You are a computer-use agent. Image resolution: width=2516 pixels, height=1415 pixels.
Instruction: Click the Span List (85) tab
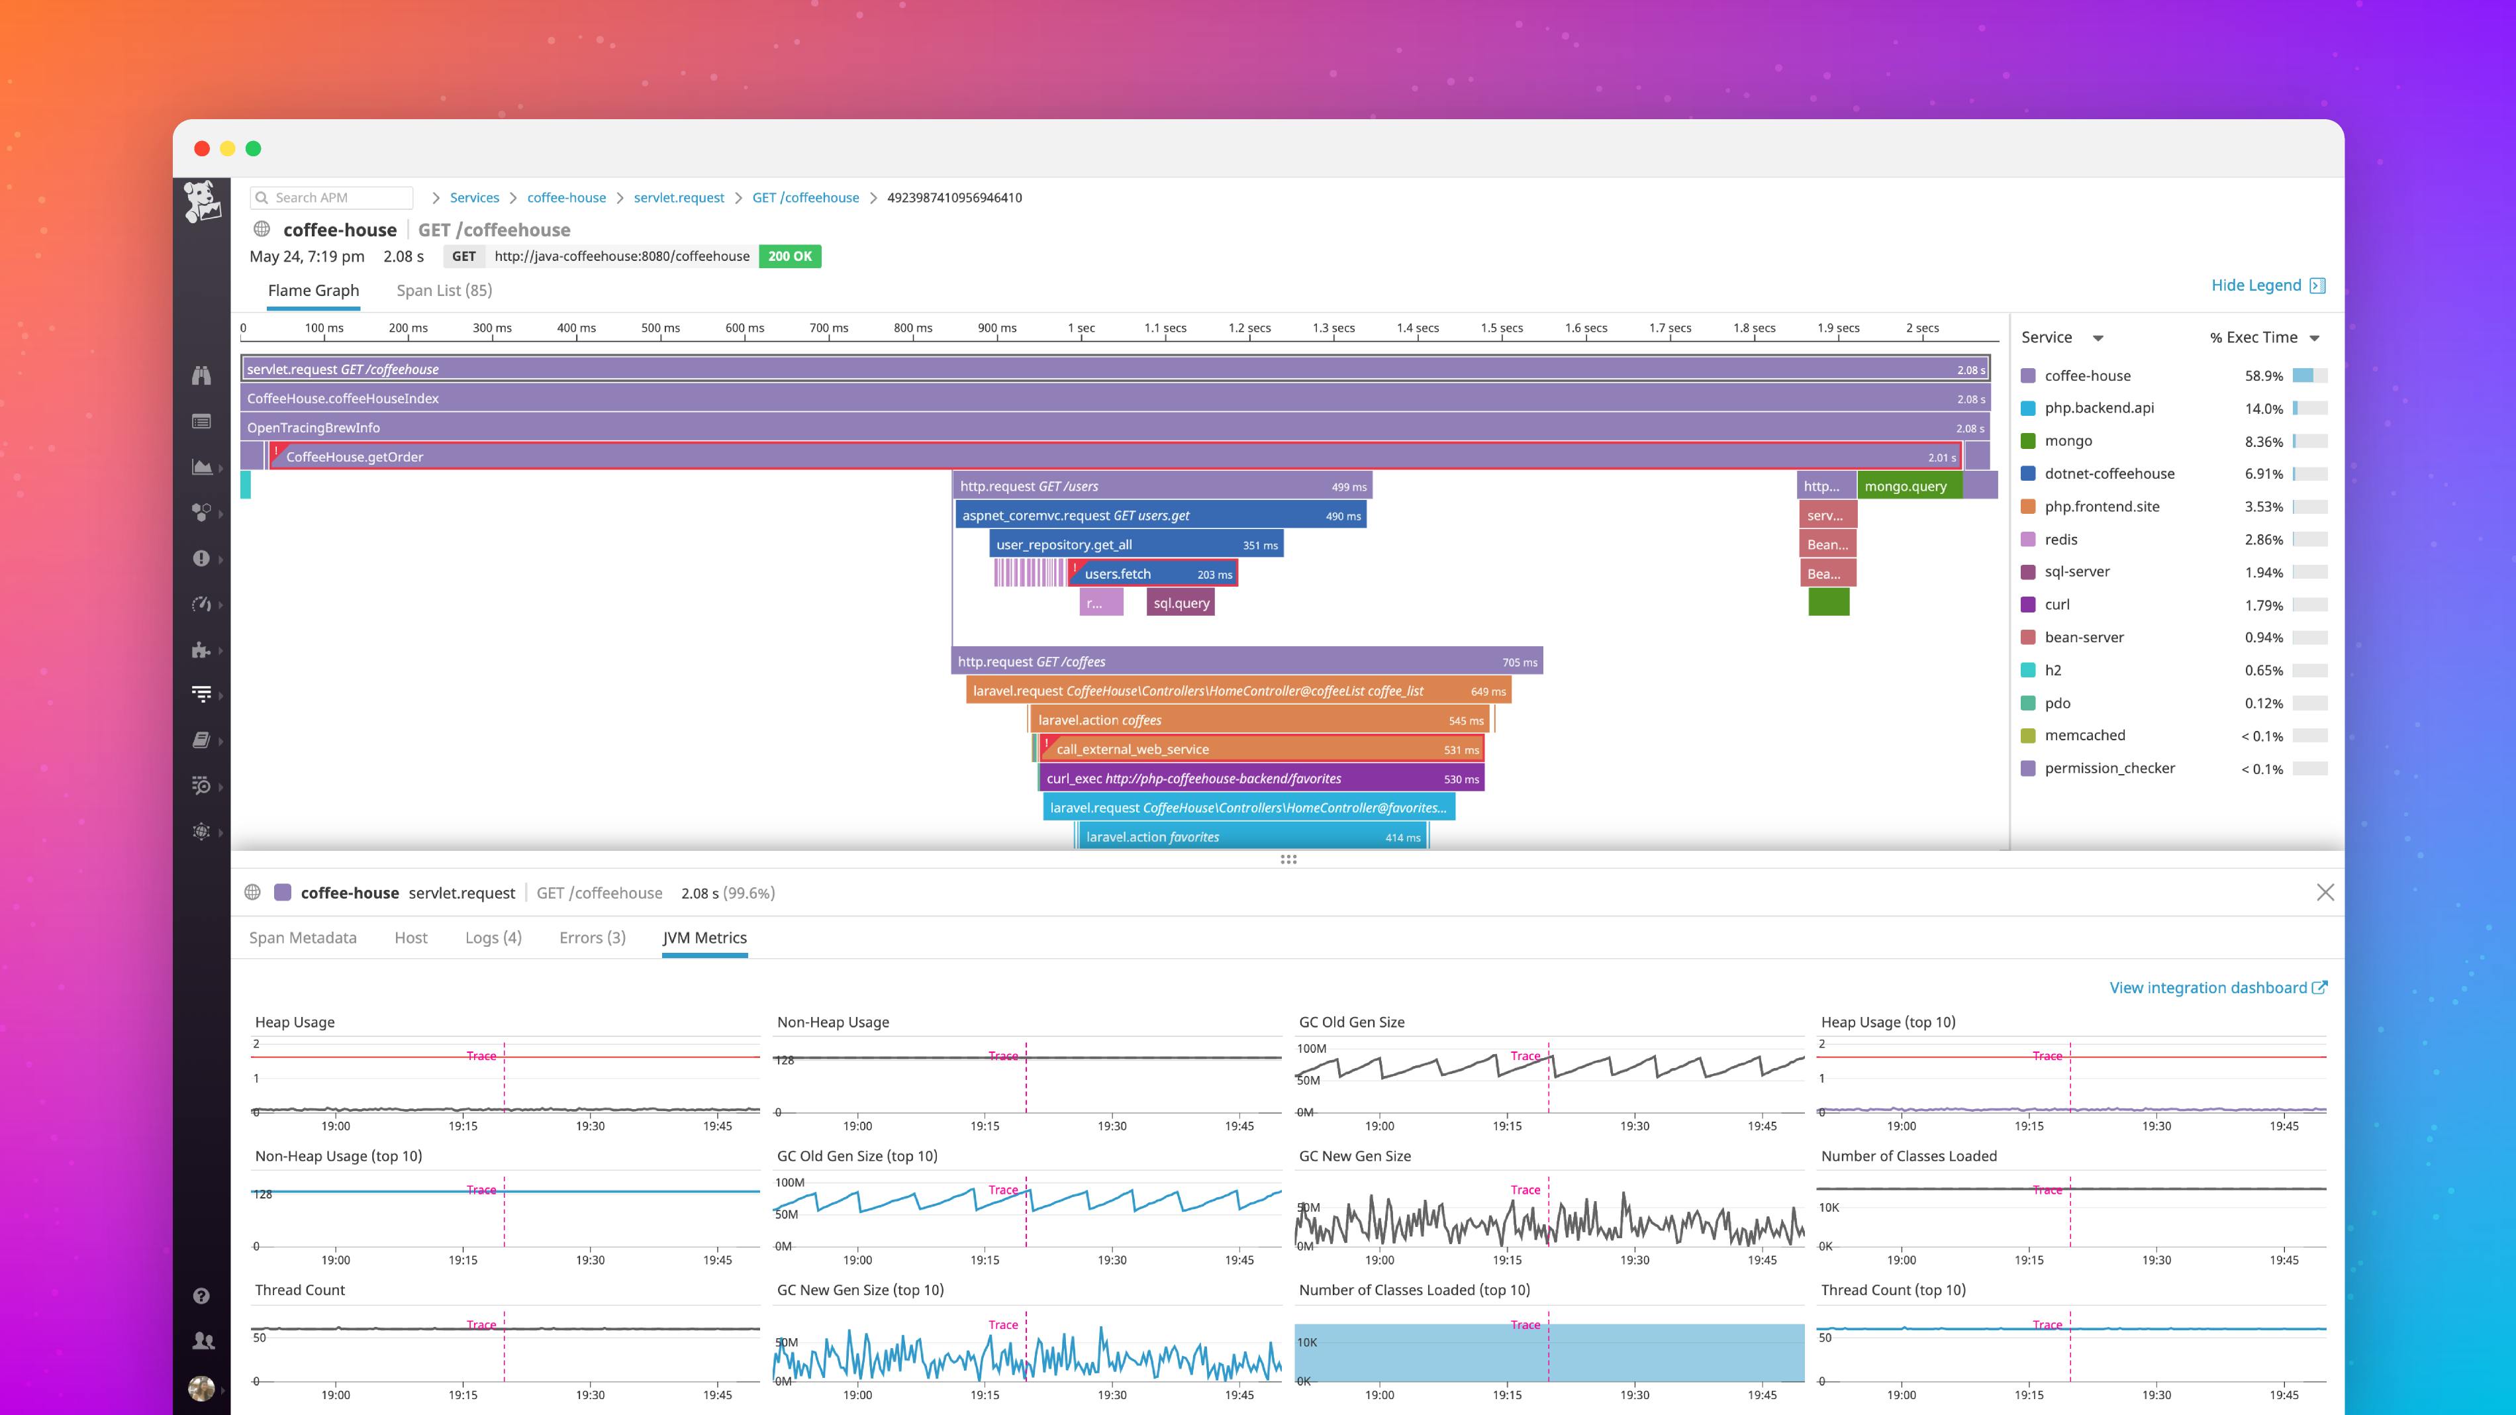pyautogui.click(x=444, y=290)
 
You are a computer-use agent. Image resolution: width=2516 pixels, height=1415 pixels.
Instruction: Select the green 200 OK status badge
pyautogui.click(x=789, y=256)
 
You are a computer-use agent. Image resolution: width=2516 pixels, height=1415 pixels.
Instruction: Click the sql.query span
pyautogui.click(x=1181, y=603)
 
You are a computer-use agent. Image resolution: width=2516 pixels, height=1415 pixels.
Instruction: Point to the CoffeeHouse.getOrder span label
pyautogui.click(x=354, y=457)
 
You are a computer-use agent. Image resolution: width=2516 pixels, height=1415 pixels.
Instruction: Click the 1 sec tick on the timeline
pyautogui.click(x=1081, y=328)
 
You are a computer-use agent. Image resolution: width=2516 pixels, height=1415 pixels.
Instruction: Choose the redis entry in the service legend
pyautogui.click(x=2061, y=539)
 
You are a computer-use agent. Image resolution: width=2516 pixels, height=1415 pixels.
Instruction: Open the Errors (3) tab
pyautogui.click(x=592, y=938)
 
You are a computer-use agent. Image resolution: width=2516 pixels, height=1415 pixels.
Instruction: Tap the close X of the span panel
pyautogui.click(x=2325, y=893)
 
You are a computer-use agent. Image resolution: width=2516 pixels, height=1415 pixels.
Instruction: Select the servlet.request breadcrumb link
pyautogui.click(x=679, y=197)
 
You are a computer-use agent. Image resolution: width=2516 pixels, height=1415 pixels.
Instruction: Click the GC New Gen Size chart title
pyautogui.click(x=1354, y=1156)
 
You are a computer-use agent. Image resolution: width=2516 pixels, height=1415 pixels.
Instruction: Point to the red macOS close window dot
pyautogui.click(x=202, y=148)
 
